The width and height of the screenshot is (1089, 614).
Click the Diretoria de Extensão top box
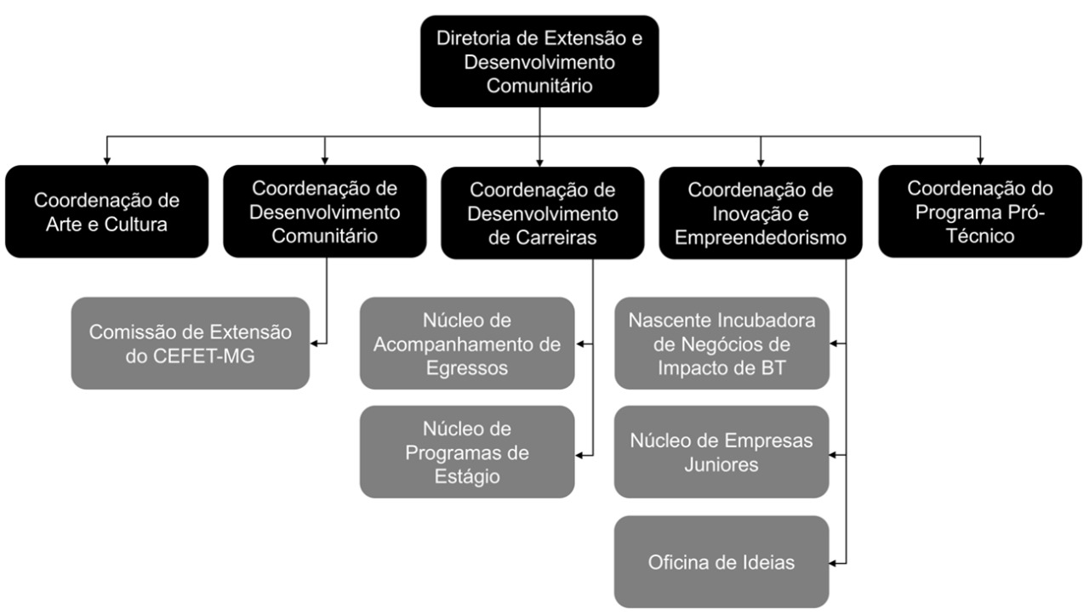[539, 61]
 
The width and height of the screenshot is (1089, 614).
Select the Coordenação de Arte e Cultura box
[107, 211]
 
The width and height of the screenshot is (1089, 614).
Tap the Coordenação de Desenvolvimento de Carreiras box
[543, 213]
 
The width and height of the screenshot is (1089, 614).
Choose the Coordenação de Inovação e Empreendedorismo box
[761, 213]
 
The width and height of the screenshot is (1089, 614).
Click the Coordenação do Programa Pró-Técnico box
[980, 211]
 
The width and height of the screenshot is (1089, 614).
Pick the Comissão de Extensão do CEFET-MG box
[190, 344]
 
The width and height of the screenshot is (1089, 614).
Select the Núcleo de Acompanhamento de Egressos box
[467, 344]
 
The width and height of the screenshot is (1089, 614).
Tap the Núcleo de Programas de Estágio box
[467, 452]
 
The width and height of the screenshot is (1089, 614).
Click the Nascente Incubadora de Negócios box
[722, 344]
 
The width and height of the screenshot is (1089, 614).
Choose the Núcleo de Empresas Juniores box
[721, 452]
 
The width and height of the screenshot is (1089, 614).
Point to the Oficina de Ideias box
[721, 561]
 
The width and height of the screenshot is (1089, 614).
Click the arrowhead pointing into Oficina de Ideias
[833, 564]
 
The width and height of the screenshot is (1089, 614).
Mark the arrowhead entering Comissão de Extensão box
[314, 344]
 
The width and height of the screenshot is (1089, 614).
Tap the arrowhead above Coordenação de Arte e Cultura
[107, 161]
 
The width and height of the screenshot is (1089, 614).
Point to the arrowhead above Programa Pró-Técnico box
[980, 161]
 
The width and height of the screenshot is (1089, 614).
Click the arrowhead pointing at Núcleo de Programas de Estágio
[579, 455]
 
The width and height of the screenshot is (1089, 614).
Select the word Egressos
[467, 368]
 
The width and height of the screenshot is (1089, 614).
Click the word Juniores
[721, 464]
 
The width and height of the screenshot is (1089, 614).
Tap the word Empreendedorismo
[761, 237]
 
